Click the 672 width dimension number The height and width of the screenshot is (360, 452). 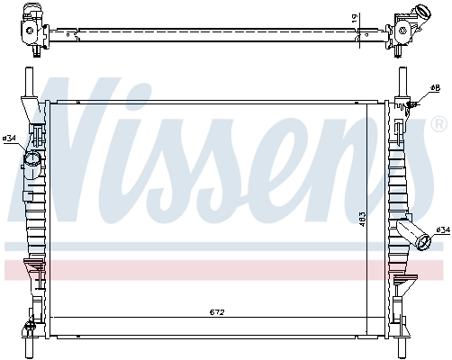point(216,313)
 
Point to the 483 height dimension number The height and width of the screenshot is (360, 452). point(360,218)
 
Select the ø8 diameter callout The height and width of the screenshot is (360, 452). point(435,87)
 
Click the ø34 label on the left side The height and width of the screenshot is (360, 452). point(10,138)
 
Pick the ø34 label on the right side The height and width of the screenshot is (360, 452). point(442,230)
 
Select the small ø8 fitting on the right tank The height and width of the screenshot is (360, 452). point(413,104)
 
